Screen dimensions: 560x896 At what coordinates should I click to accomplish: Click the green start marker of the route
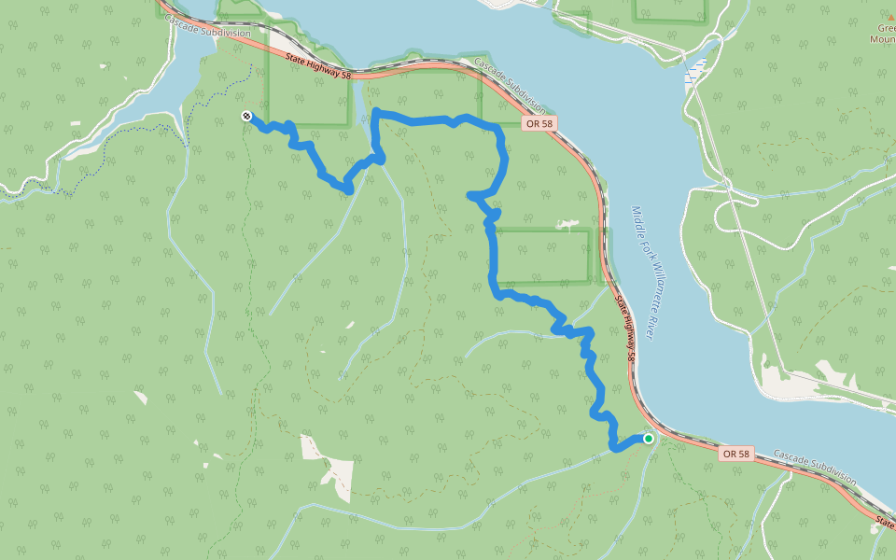click(x=649, y=438)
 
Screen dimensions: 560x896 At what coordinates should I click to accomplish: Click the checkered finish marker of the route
click(x=245, y=116)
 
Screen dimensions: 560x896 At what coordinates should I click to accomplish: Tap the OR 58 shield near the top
click(x=539, y=123)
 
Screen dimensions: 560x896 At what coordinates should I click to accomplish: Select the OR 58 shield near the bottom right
click(x=735, y=454)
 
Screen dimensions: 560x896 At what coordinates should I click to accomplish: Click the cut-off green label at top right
click(x=883, y=34)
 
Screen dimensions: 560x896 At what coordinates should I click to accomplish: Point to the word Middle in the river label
click(x=636, y=220)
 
